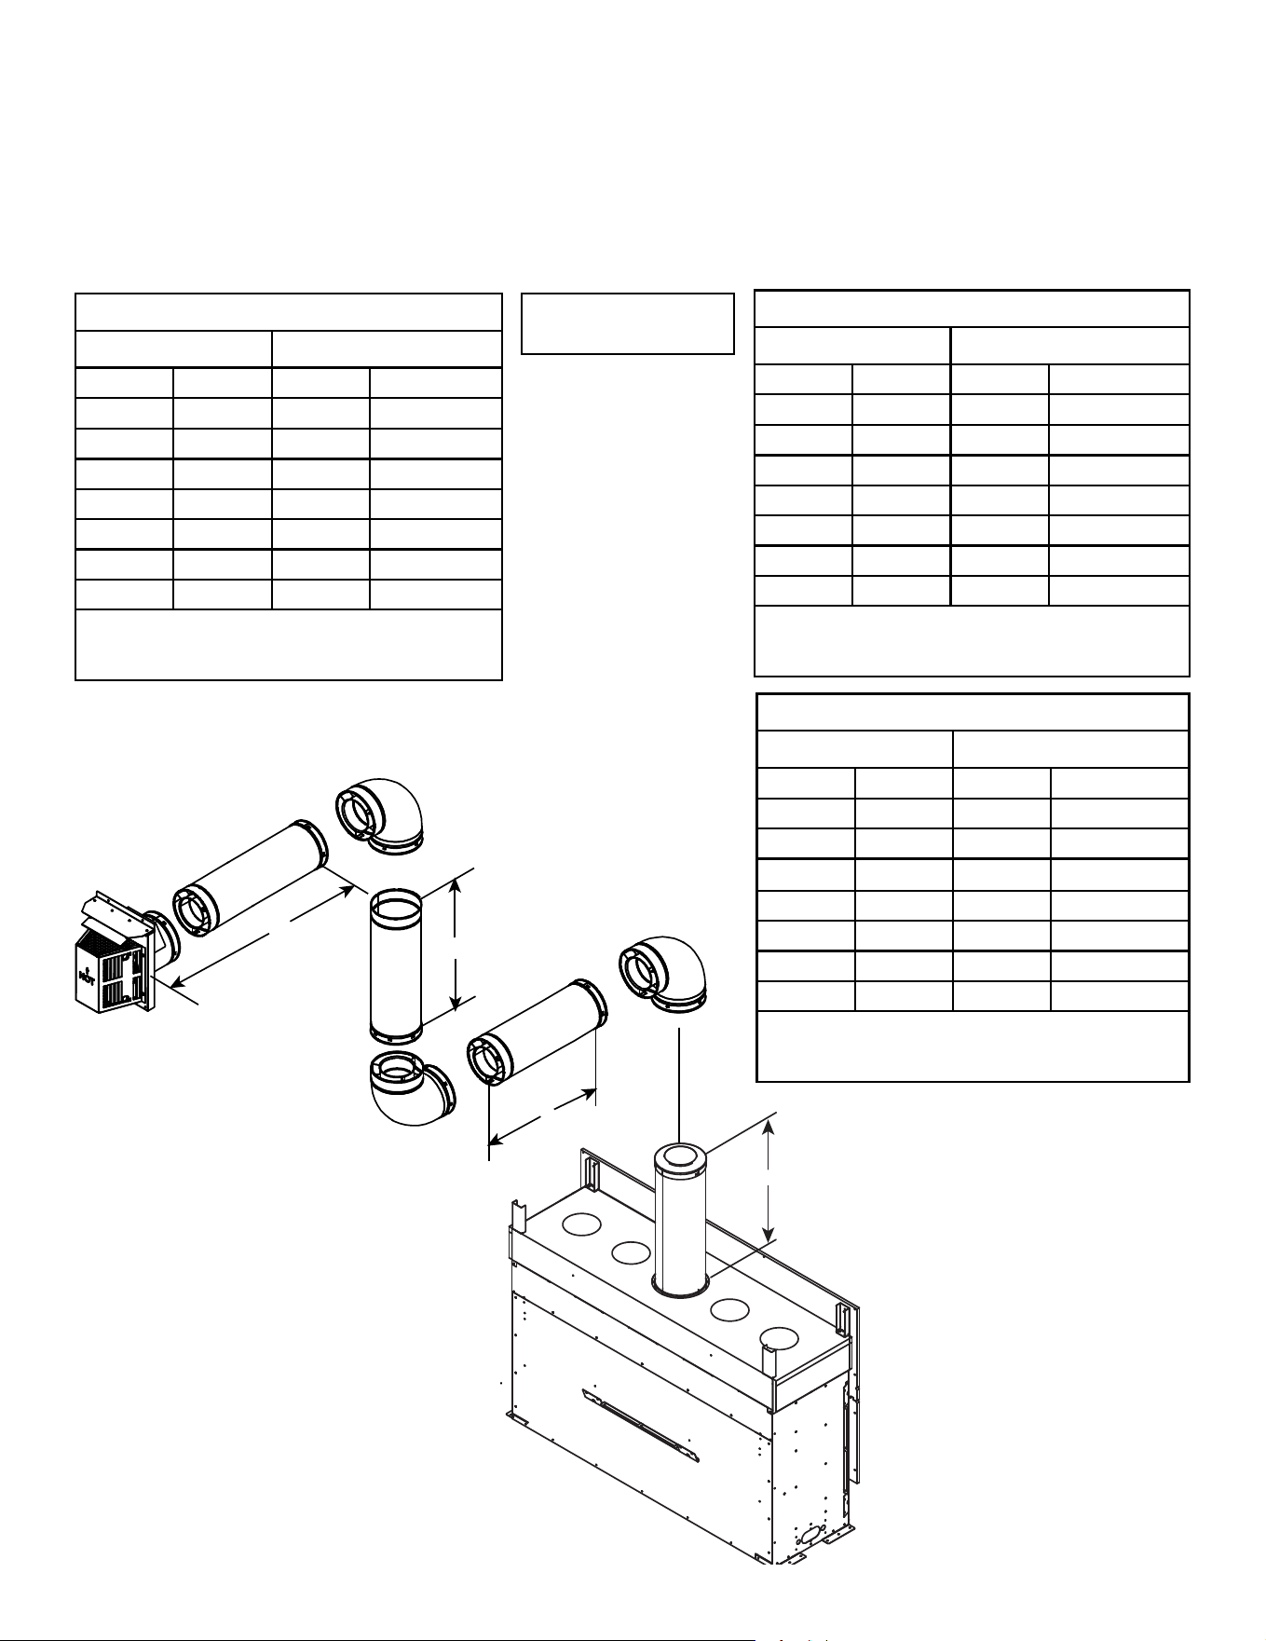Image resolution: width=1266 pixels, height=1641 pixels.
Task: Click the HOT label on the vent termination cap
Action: pos(87,977)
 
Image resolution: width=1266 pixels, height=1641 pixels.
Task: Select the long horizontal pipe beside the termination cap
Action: pos(249,876)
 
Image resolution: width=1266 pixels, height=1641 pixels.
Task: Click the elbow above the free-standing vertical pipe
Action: pos(380,814)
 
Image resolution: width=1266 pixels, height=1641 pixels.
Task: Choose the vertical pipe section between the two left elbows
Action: pos(397,965)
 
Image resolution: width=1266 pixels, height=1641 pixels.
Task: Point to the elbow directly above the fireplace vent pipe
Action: pos(663,973)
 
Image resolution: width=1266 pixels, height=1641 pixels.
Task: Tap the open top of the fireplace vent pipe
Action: pos(680,1158)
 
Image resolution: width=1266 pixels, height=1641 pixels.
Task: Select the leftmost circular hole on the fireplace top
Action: pos(582,1224)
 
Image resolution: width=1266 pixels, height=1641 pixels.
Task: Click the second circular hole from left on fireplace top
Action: pos(631,1253)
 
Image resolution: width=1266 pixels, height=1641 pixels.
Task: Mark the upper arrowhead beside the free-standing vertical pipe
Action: pos(456,885)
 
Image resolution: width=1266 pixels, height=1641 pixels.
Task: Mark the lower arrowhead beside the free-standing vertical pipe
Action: pos(456,1000)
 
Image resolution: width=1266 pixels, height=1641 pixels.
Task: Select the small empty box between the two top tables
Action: pos(628,323)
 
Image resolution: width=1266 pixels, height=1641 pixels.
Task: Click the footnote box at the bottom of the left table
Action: pos(289,645)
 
